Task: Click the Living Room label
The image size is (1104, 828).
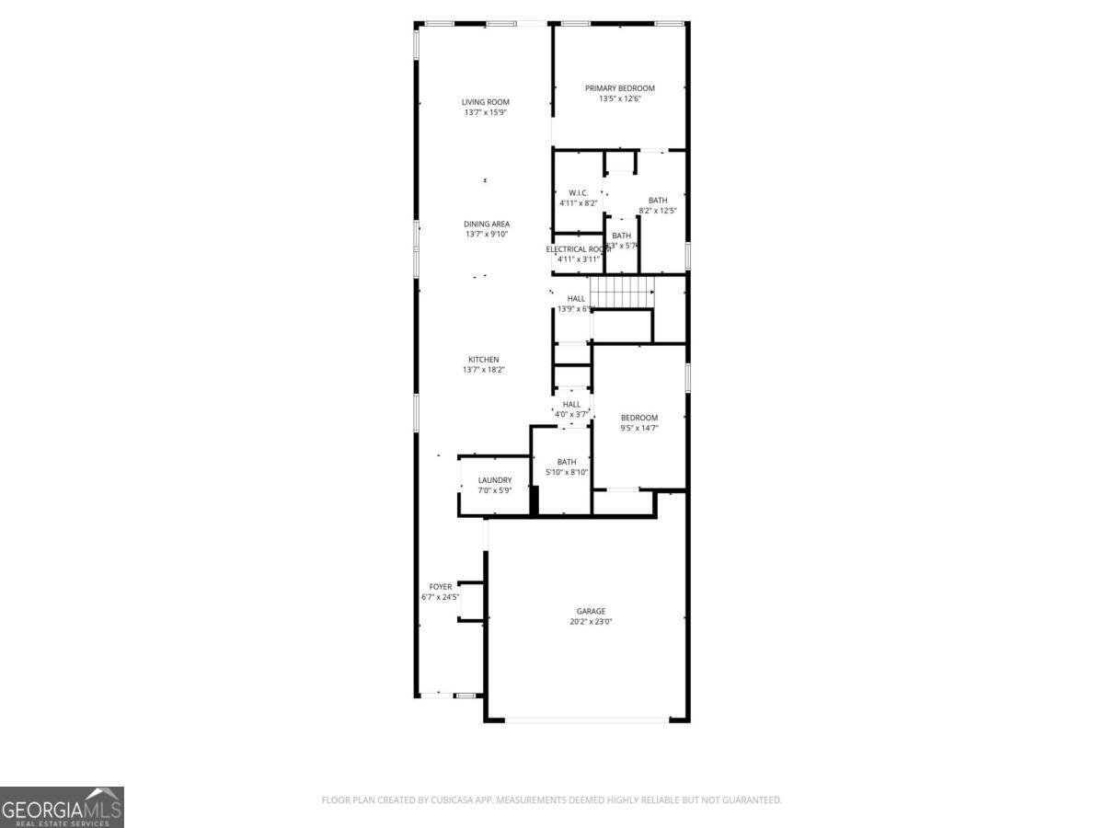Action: (x=485, y=102)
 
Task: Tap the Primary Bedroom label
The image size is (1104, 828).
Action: (x=619, y=88)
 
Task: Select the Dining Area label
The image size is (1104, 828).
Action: (x=486, y=224)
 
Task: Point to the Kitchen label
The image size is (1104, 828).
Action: (x=484, y=360)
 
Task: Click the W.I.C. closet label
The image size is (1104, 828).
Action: (x=578, y=193)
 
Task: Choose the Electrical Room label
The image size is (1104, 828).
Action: (x=578, y=249)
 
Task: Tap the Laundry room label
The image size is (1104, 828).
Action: (x=494, y=480)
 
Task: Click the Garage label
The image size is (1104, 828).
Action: (x=591, y=611)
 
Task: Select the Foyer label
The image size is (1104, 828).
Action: (x=440, y=587)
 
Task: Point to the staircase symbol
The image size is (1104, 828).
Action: (x=621, y=293)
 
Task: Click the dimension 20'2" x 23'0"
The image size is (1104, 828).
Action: (x=591, y=622)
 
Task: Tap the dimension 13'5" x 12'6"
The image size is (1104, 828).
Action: (x=619, y=98)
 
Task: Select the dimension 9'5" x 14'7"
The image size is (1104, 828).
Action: (x=638, y=428)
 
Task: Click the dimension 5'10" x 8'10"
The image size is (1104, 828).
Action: (x=566, y=472)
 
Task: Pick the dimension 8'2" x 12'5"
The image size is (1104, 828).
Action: (x=657, y=211)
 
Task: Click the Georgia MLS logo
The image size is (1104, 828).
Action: (x=62, y=807)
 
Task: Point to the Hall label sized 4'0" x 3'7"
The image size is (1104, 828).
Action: (x=571, y=404)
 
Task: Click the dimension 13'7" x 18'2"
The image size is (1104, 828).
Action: (x=484, y=370)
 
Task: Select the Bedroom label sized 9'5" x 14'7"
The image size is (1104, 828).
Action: (x=638, y=418)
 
